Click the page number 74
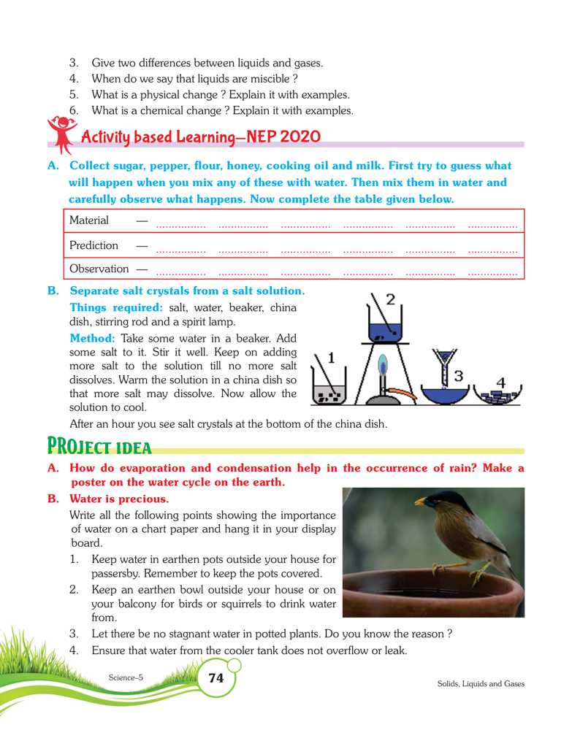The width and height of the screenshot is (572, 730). (216, 678)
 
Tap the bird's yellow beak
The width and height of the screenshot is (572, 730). (421, 501)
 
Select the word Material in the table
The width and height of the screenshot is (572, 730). (88, 220)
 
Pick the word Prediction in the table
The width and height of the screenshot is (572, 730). (93, 245)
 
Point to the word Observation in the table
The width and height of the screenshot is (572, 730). (99, 269)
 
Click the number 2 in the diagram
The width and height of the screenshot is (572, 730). (390, 299)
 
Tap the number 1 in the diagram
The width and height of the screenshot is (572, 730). (331, 358)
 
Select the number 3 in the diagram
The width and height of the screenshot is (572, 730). (459, 376)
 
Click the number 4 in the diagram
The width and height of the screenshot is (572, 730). (501, 382)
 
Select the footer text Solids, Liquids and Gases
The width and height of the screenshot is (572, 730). (481, 684)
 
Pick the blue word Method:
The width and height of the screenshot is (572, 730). (93, 339)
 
